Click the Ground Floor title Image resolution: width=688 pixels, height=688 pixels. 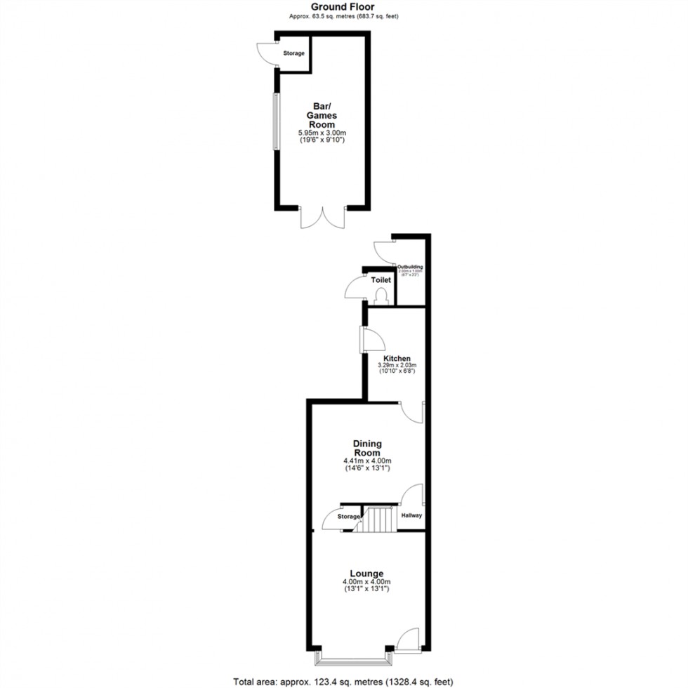point(344,6)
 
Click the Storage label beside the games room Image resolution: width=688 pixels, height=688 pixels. point(294,53)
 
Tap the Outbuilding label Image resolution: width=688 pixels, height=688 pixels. point(410,267)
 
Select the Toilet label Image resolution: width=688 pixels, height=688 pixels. point(381,280)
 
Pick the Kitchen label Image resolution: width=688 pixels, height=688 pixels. point(397,359)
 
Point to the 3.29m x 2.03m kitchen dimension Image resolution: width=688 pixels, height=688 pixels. point(397,366)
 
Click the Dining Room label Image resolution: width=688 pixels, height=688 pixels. point(367,448)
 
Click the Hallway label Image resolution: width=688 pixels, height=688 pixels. point(411,515)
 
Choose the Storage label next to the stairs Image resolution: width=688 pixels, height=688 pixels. point(349,517)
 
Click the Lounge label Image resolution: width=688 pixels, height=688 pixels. point(366,574)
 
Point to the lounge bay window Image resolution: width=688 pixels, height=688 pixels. point(354,659)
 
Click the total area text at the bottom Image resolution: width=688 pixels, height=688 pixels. point(344,681)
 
